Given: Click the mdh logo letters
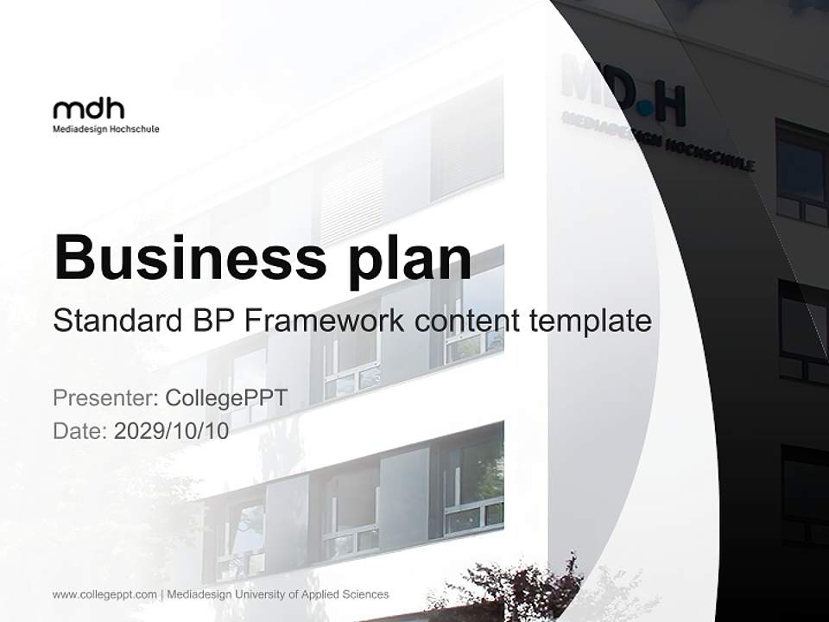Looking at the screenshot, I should click(88, 109).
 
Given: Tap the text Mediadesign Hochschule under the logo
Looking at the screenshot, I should click(106, 130).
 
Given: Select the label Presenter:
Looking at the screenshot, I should click(105, 398).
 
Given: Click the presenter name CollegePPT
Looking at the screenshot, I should click(225, 398).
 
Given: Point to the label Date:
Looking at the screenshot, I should click(80, 431).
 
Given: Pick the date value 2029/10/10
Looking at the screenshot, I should click(172, 431).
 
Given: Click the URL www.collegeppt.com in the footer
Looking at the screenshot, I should click(104, 594).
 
